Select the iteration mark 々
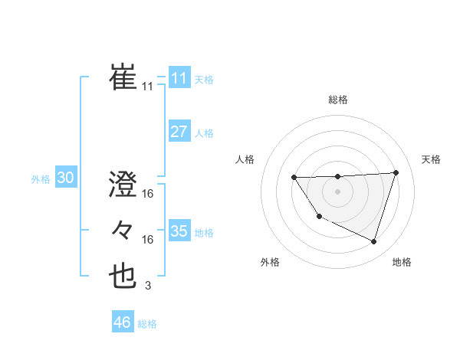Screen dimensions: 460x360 [x=123, y=229]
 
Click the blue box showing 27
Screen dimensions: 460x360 [x=179, y=132]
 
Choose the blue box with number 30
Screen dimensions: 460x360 [x=65, y=178]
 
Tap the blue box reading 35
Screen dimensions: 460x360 [x=179, y=231]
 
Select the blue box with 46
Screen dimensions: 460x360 [x=123, y=322]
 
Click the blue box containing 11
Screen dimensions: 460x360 [x=179, y=78]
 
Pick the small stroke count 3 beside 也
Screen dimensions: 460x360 [x=147, y=286]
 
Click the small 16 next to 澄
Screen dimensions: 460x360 [x=148, y=195]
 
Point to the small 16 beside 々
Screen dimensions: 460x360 [x=148, y=240]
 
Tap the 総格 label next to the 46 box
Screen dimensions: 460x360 [x=147, y=324]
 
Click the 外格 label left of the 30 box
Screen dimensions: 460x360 [x=41, y=179]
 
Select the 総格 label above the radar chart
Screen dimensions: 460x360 [x=338, y=100]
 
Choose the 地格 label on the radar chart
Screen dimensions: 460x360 [x=402, y=262]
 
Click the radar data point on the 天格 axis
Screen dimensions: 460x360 [x=396, y=173]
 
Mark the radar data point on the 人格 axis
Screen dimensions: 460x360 [x=294, y=178]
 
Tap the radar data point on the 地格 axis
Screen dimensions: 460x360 [x=373, y=242]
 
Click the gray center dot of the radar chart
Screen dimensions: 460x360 [x=337, y=191]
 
